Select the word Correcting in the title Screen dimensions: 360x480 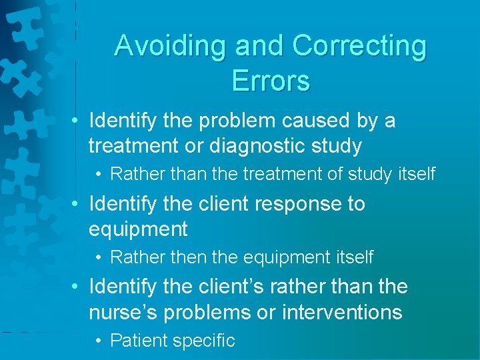(359, 46)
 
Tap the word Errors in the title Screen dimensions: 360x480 (271, 81)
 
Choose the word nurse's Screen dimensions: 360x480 (122, 312)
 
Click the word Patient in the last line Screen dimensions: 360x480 (139, 341)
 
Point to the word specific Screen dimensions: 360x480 (203, 341)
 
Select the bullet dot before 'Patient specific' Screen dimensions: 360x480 (98, 341)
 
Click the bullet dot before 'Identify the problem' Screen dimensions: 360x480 (77, 121)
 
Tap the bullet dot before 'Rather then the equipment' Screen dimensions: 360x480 (98, 257)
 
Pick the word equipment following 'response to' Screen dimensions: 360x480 (138, 229)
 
